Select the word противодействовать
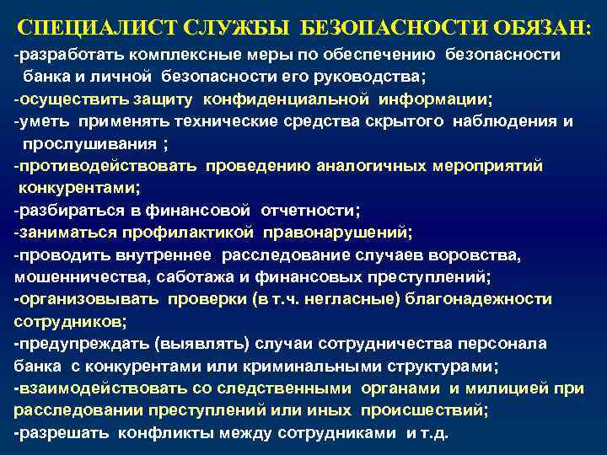point(106,165)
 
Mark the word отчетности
point(309,209)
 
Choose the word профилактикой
point(189,232)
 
